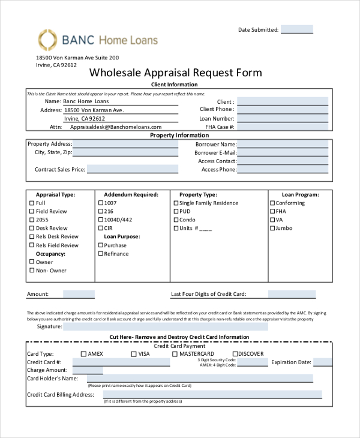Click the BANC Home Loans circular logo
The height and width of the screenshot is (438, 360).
(x=47, y=40)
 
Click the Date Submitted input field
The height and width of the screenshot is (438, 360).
(x=296, y=29)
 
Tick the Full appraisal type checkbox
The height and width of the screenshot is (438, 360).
(x=32, y=203)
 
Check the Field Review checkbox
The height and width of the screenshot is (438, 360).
(x=32, y=212)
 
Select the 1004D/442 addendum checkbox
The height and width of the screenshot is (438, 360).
(x=100, y=220)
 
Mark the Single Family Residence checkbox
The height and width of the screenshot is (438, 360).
(x=176, y=203)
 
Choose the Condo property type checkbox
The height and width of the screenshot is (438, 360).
(x=176, y=220)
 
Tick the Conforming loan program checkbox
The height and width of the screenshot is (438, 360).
(x=272, y=203)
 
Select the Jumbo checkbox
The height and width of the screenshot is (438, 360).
(x=272, y=229)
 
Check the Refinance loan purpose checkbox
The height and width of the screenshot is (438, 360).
(x=100, y=254)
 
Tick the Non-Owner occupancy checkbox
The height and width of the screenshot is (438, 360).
(x=32, y=271)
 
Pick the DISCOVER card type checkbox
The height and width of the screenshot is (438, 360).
(x=235, y=354)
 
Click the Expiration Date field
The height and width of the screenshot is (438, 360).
(x=323, y=362)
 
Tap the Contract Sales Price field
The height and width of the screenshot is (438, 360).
(x=133, y=170)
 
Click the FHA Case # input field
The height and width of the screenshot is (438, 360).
(x=283, y=127)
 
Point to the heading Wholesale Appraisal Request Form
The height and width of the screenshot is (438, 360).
(x=175, y=73)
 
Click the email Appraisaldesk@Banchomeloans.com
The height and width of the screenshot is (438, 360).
(x=116, y=127)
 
